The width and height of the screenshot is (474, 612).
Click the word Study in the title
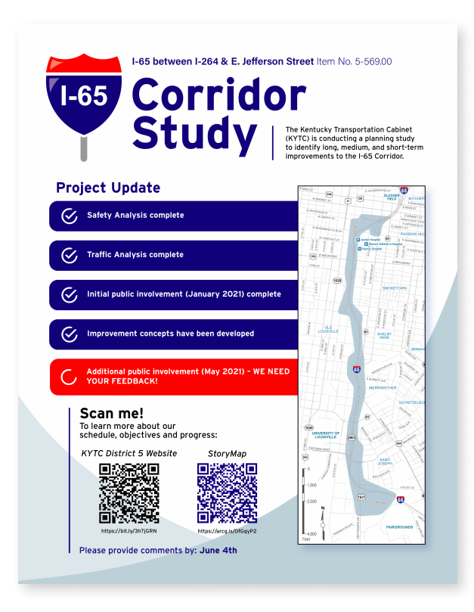tap(194, 133)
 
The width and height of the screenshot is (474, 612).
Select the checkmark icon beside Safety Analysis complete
tap(69, 216)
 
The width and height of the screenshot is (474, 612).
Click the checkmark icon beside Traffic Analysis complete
tap(69, 255)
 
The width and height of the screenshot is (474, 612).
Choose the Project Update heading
tap(108, 188)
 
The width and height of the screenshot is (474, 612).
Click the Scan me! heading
tap(111, 414)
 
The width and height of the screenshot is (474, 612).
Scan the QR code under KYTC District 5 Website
tap(129, 493)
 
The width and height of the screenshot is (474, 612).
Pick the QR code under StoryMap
tap(227, 493)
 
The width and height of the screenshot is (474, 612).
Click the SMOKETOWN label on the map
tap(394, 288)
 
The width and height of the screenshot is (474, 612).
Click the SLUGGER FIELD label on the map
tap(390, 196)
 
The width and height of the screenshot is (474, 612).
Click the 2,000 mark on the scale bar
tap(311, 502)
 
